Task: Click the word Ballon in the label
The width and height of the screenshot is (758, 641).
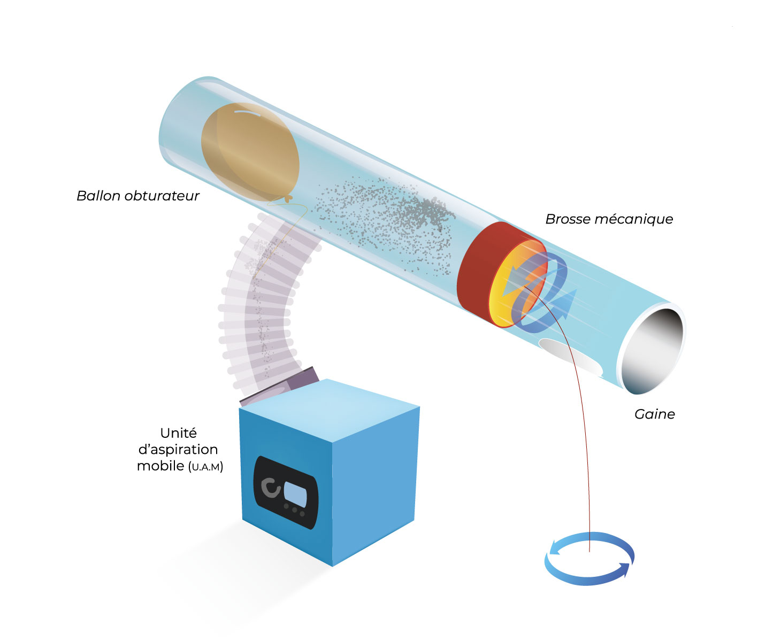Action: (x=98, y=196)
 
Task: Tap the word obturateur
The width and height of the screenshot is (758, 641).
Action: (x=162, y=196)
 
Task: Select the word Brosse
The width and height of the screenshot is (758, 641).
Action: (x=568, y=219)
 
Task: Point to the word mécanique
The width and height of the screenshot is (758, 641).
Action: (x=633, y=220)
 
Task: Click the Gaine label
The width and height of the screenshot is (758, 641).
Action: (x=655, y=414)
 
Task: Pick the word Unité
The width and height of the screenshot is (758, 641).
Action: (x=179, y=433)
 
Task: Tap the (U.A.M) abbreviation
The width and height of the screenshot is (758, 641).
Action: (x=206, y=467)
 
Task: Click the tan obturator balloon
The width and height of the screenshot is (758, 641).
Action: (x=250, y=152)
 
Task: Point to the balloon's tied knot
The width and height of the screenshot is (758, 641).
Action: (x=288, y=199)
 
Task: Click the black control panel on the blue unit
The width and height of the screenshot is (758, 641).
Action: (x=286, y=492)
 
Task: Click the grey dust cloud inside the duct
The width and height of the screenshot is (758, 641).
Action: (x=385, y=223)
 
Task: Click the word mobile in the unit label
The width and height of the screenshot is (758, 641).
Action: (x=160, y=466)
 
